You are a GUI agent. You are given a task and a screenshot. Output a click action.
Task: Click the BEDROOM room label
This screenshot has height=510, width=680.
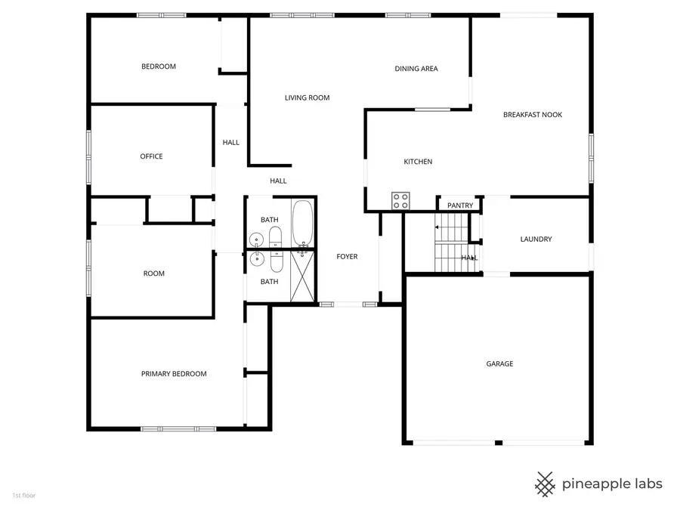[159, 66]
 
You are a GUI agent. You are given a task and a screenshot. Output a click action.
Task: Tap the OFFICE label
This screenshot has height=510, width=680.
[151, 156]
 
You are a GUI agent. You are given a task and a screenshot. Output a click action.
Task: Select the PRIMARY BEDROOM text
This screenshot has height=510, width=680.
[174, 374]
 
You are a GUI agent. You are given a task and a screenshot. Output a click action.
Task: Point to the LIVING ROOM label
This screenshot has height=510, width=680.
[307, 97]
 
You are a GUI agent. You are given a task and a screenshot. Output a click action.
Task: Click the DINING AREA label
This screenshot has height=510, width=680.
[416, 69]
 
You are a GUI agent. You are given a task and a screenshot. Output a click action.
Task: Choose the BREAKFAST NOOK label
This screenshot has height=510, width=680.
[533, 115]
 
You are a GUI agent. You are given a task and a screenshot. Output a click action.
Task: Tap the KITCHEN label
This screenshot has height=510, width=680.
[418, 162]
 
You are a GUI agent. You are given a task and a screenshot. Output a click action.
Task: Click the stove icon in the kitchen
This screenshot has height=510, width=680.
[400, 200]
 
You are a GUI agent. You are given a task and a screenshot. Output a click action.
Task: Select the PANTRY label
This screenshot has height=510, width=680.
[460, 206]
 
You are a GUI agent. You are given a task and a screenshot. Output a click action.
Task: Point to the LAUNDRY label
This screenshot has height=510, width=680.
[536, 240]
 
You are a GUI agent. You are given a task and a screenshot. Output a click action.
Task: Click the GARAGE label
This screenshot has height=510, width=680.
[499, 364]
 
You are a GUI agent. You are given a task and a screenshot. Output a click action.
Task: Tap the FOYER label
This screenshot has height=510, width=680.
[347, 257]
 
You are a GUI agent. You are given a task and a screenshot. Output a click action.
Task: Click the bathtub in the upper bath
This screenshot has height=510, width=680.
[302, 224]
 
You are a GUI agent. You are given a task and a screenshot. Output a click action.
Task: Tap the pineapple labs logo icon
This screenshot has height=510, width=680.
[545, 483]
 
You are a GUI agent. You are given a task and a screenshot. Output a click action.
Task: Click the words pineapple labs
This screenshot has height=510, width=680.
[612, 484]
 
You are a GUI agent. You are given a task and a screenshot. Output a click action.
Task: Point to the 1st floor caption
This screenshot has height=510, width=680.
[23, 496]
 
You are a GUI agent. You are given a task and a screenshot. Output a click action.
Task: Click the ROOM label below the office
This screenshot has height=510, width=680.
[154, 274]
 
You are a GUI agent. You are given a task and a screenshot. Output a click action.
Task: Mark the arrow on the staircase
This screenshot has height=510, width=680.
[437, 227]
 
